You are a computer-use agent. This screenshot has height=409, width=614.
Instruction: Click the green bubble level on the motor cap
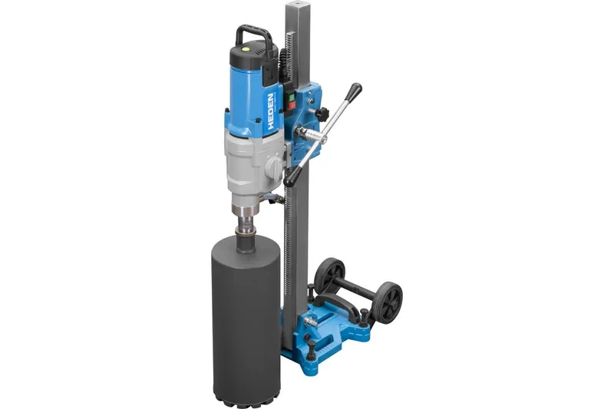(246, 49)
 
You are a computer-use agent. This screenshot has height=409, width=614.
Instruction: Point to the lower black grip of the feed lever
(292, 178)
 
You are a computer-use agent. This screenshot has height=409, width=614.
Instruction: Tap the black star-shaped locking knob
(323, 114)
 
